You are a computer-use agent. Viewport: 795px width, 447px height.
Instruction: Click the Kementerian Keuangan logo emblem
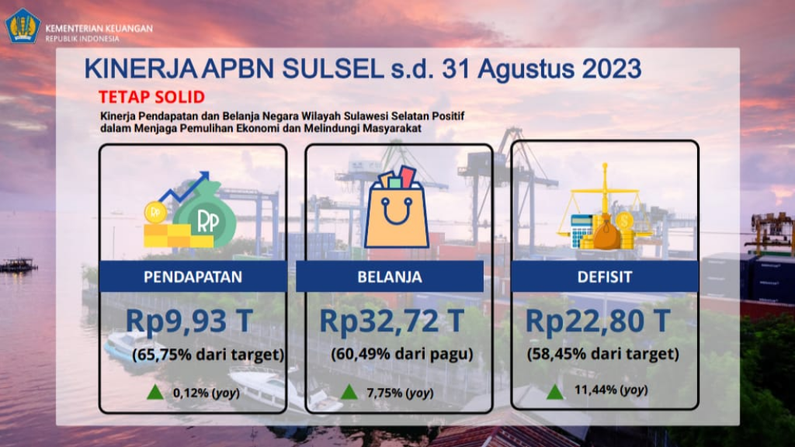pos(23,26)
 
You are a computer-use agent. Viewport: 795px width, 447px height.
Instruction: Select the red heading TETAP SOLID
pos(151,97)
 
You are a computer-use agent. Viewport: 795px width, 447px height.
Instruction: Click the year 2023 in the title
pos(612,69)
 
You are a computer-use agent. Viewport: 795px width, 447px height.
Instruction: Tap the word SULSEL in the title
pos(332,69)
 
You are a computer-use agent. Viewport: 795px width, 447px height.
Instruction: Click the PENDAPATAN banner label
pos(193,277)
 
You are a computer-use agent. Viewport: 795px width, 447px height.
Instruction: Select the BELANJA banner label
pos(390,277)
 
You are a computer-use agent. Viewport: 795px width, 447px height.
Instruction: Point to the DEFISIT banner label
pos(605,277)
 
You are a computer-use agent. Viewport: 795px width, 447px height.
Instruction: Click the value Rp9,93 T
pos(189,321)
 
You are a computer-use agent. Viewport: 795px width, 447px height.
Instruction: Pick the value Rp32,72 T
pos(392,321)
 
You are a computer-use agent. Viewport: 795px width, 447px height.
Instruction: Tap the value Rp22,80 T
pos(598,321)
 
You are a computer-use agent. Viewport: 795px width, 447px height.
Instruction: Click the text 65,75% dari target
pos(208,355)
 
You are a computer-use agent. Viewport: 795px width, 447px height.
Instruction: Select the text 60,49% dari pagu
pos(402,354)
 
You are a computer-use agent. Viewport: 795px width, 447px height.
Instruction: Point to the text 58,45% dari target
pos(602,354)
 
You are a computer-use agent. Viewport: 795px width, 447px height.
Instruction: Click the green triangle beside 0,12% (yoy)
pos(155,392)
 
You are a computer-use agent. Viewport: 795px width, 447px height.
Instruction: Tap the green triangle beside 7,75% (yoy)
pos(349,392)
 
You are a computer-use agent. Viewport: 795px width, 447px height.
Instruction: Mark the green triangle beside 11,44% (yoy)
pos(554,392)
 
